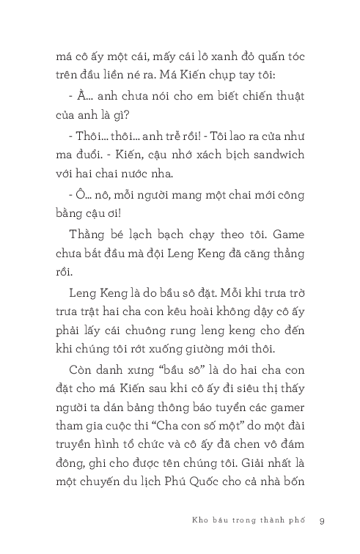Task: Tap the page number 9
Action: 322,521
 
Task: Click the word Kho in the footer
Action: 196,521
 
